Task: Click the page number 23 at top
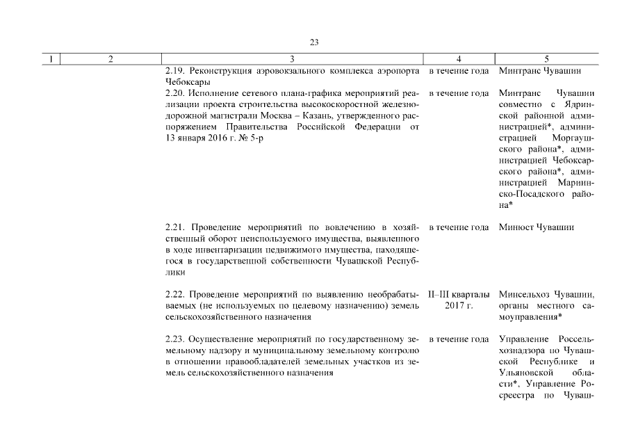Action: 314,42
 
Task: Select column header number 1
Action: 51,60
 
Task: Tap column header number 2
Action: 111,60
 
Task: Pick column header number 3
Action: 292,60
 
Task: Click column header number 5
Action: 547,60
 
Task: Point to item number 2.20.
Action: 175,92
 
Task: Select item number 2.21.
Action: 175,227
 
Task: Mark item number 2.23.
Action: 175,339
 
